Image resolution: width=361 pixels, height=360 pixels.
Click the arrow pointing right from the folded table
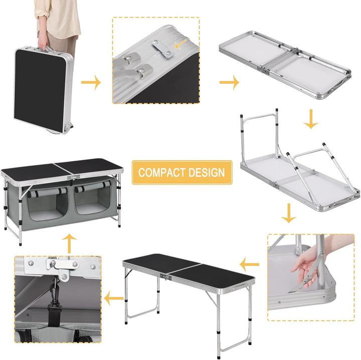coord(91,83)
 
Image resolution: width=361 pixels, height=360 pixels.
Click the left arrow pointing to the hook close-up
coord(113,299)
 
